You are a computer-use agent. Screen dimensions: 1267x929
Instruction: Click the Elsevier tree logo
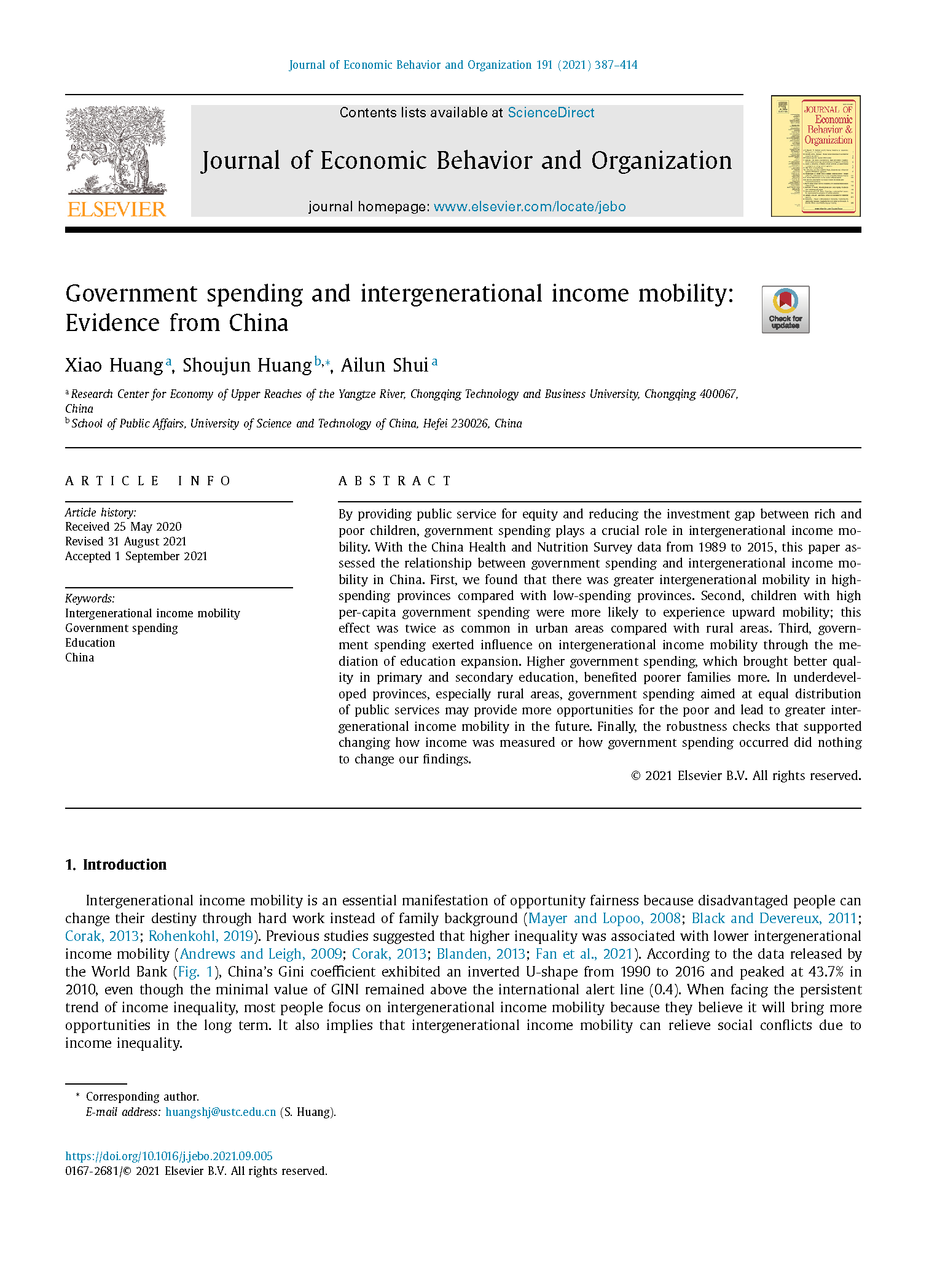[x=116, y=150]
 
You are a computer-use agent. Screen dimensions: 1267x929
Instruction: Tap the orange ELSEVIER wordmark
[x=117, y=209]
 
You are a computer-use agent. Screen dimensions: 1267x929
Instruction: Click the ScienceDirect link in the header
[x=551, y=113]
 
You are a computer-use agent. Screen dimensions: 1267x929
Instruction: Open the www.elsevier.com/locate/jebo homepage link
[x=529, y=207]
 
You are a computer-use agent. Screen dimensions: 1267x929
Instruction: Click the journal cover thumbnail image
[x=815, y=156]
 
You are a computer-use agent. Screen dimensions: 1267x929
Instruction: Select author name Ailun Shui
[x=385, y=365]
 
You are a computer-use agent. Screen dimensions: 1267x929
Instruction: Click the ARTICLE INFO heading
[x=148, y=481]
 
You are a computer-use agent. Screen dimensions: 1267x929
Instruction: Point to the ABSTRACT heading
[x=394, y=481]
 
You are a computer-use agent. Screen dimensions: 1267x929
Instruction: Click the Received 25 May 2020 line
[x=123, y=527]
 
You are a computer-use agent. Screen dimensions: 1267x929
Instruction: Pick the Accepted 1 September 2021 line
[x=136, y=556]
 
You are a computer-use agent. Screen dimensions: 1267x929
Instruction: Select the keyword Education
[x=90, y=643]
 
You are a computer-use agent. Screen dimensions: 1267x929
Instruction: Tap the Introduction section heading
[x=124, y=865]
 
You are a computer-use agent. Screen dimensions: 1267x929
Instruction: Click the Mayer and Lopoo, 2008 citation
[x=605, y=919]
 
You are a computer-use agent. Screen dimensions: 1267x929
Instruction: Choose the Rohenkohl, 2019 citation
[x=201, y=937]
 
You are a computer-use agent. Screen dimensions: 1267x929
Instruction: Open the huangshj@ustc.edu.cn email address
[x=221, y=1112]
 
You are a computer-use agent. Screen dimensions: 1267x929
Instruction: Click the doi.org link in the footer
[x=169, y=1156]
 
